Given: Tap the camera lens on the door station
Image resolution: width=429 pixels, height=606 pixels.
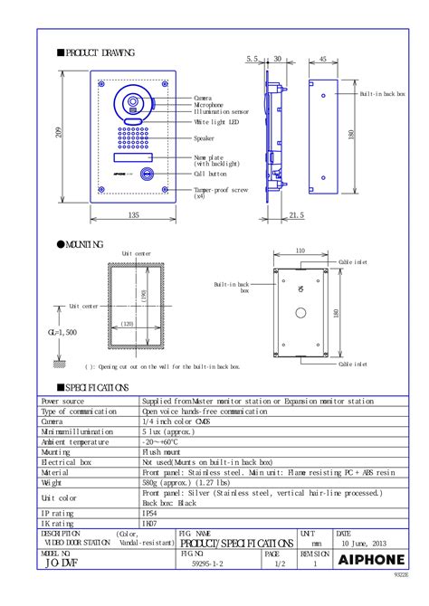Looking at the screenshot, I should click(x=132, y=100).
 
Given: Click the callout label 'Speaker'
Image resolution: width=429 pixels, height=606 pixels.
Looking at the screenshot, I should click(x=205, y=138).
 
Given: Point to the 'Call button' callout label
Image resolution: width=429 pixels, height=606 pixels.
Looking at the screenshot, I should click(x=211, y=173).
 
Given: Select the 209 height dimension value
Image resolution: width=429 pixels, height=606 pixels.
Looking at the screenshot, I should click(x=59, y=133).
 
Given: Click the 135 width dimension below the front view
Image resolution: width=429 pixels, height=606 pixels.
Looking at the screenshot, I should click(x=133, y=215).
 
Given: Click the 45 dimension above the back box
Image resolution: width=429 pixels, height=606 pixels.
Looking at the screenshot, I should click(x=323, y=60).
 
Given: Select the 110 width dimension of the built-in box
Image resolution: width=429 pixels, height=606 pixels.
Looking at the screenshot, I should click(x=300, y=251).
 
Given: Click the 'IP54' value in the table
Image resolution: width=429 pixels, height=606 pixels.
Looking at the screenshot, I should click(x=150, y=513).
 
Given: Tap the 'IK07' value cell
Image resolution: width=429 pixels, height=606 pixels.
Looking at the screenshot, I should click(x=150, y=523).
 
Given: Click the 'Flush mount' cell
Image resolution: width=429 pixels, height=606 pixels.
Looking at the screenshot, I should click(x=163, y=450).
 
